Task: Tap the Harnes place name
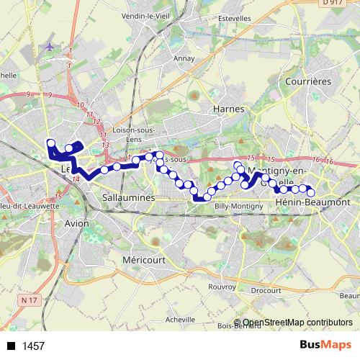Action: click(230, 109)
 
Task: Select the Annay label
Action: click(185, 59)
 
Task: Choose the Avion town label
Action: click(76, 223)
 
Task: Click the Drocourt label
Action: click(266, 290)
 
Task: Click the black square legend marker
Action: click(11, 346)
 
